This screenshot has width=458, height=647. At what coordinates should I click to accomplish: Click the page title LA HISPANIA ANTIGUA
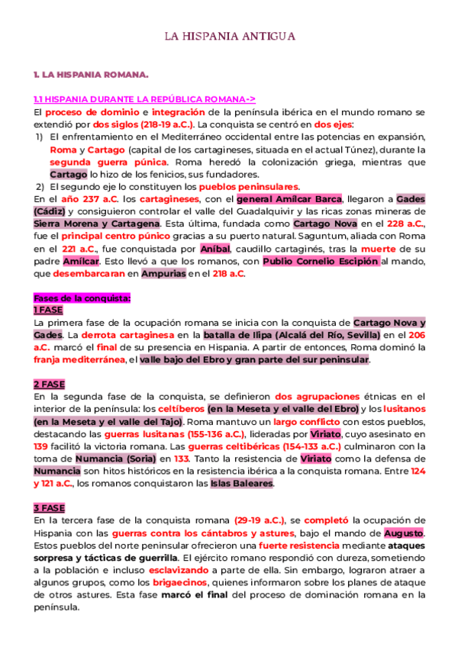tap(230, 36)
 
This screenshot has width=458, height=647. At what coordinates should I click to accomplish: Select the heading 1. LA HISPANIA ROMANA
tap(91, 76)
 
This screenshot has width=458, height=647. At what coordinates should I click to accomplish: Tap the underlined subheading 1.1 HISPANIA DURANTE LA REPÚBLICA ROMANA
tap(144, 99)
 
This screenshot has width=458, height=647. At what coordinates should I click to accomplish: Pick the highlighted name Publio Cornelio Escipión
tap(321, 261)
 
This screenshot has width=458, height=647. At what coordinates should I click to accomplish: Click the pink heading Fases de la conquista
tap(82, 298)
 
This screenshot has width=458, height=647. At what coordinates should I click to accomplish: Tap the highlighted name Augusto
tap(403, 533)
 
